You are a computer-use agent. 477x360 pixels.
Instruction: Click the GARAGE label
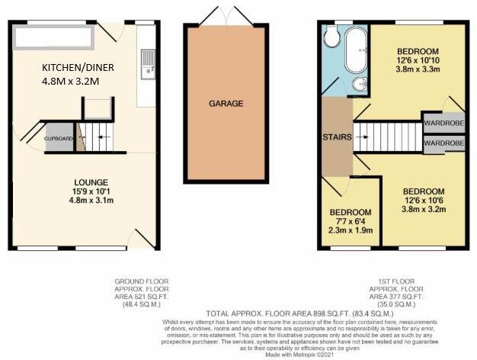[226, 102]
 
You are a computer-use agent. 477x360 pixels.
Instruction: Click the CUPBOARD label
[59, 139]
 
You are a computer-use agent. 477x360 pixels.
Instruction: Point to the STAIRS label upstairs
[336, 137]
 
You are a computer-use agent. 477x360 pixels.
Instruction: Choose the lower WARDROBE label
[444, 143]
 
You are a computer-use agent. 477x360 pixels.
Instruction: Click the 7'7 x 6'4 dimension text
[351, 222]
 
